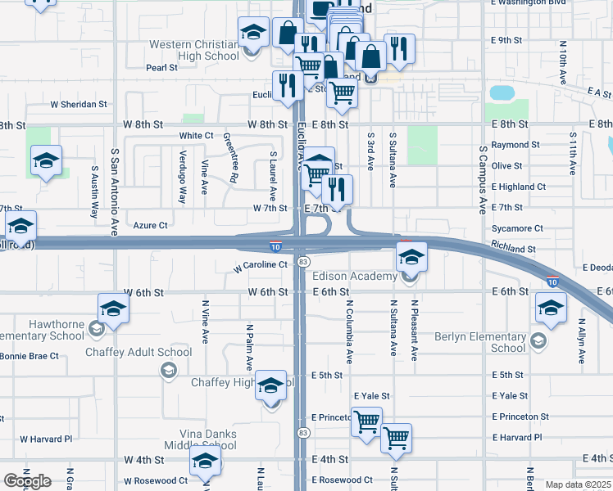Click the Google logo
click(27, 481)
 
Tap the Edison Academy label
click(355, 277)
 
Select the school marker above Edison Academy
click(411, 258)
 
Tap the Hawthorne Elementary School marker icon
click(113, 309)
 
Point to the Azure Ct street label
click(150, 225)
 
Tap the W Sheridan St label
click(79, 105)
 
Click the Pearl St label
click(161, 68)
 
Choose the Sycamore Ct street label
click(517, 228)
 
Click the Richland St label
click(514, 248)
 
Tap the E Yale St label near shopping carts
click(372, 395)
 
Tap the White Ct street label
click(196, 136)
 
